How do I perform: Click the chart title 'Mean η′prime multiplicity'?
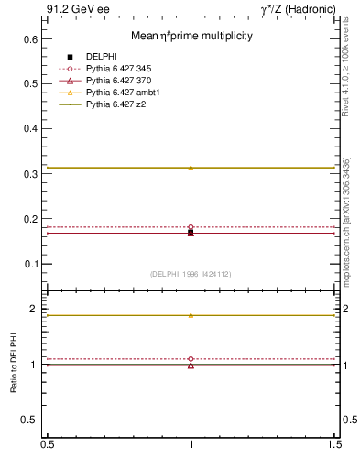[191, 36]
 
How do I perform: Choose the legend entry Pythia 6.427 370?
[126, 81]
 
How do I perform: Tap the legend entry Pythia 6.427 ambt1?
[129, 93]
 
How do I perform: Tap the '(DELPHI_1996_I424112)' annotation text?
[191, 273]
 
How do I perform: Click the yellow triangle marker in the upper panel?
[191, 168]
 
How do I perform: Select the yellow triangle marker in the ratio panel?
[191, 315]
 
